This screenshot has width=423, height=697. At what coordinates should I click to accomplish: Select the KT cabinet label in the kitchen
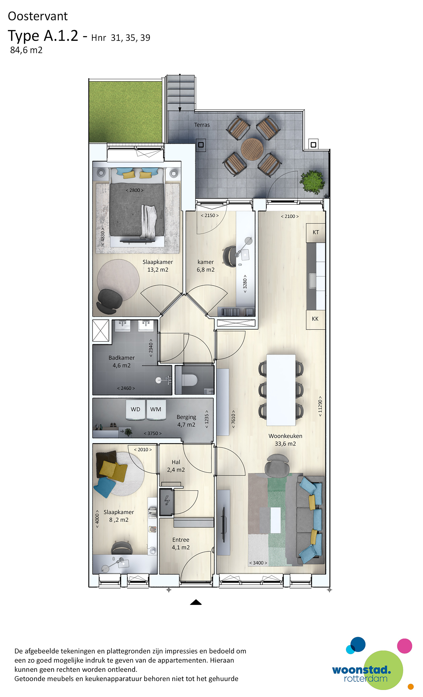(315, 232)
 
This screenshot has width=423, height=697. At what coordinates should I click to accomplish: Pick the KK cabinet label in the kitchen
(315, 319)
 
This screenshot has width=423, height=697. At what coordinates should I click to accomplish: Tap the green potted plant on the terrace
(312, 181)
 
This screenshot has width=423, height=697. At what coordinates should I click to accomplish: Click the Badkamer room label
(122, 358)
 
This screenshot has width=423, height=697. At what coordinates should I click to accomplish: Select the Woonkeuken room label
(285, 436)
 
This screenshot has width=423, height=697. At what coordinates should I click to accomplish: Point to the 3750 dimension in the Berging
(153, 433)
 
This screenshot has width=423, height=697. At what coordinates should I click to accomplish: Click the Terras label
(202, 125)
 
